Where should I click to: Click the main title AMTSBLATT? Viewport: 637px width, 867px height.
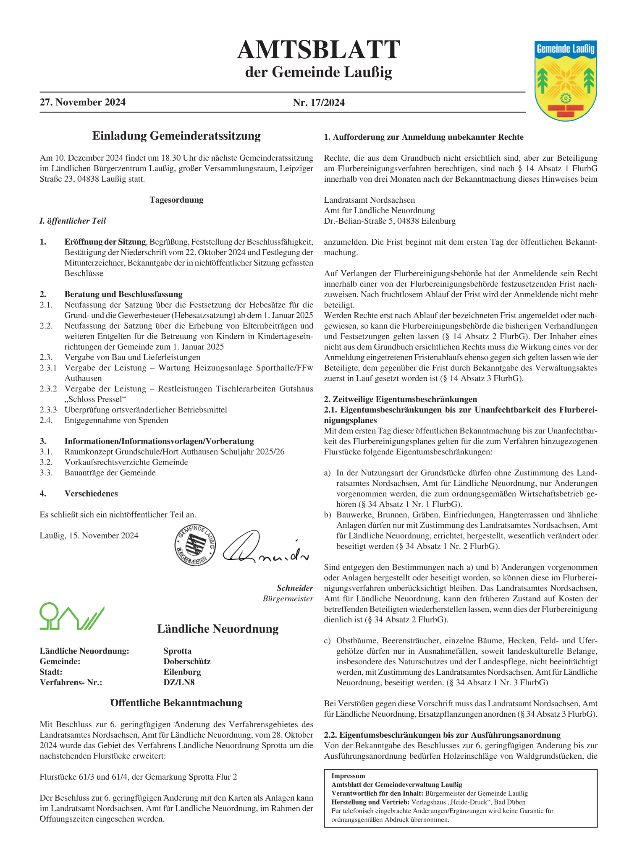[318, 50]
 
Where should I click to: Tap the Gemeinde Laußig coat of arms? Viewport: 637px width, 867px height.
[566, 81]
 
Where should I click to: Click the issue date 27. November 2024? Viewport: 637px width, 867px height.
[83, 102]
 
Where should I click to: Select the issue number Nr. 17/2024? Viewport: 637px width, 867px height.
[319, 103]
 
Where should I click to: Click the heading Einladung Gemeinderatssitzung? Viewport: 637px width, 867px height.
[176, 136]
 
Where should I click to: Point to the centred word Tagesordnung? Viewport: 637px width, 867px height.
[176, 200]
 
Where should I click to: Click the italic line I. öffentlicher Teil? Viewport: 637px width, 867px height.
[73, 221]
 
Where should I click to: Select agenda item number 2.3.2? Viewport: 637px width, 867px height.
[48, 389]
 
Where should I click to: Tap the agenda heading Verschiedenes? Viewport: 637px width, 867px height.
[91, 494]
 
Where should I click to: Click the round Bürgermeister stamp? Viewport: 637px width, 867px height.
[195, 545]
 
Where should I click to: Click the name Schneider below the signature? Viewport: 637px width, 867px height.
[295, 588]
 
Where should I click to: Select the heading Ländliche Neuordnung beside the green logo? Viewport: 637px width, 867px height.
[218, 629]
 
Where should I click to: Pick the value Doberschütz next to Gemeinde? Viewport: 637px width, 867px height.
[187, 661]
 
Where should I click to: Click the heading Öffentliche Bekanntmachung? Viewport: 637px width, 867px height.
[176, 703]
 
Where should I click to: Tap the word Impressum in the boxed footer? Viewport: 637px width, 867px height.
[348, 776]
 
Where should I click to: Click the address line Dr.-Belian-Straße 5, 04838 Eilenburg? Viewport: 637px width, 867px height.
[390, 221]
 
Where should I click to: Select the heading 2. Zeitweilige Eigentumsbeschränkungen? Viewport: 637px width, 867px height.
[401, 399]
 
